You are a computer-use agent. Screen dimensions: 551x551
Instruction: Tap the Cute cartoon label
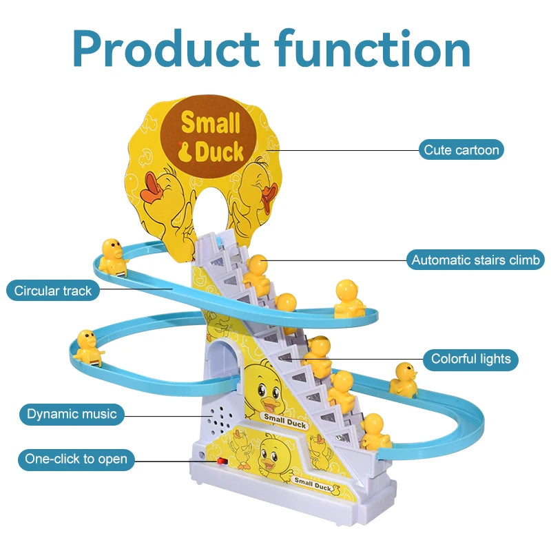[461, 149]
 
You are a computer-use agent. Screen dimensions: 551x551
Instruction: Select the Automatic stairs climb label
[475, 260]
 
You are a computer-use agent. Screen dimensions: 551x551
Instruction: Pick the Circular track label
[53, 291]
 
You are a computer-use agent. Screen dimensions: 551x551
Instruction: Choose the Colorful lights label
[470, 359]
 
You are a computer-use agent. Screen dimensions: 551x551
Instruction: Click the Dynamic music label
[72, 414]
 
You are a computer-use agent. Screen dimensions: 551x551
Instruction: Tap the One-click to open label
[76, 459]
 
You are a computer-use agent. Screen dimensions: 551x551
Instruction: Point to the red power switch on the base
[222, 459]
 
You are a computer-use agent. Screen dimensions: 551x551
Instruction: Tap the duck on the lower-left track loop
[87, 346]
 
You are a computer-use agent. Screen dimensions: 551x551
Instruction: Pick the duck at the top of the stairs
[256, 272]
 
